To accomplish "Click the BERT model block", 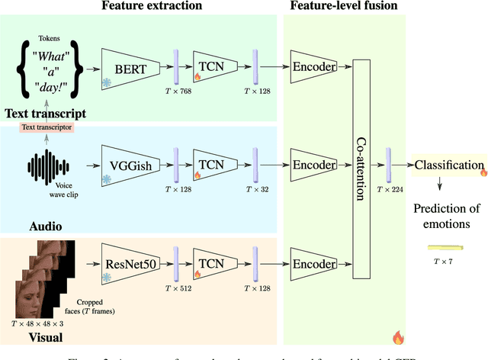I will (x=127, y=66).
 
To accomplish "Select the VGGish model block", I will (x=127, y=164).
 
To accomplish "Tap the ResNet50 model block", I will (x=127, y=261).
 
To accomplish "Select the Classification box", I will (x=448, y=165).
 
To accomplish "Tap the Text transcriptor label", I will (x=47, y=127).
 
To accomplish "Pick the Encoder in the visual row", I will (x=314, y=261).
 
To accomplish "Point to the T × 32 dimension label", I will (x=257, y=189).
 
